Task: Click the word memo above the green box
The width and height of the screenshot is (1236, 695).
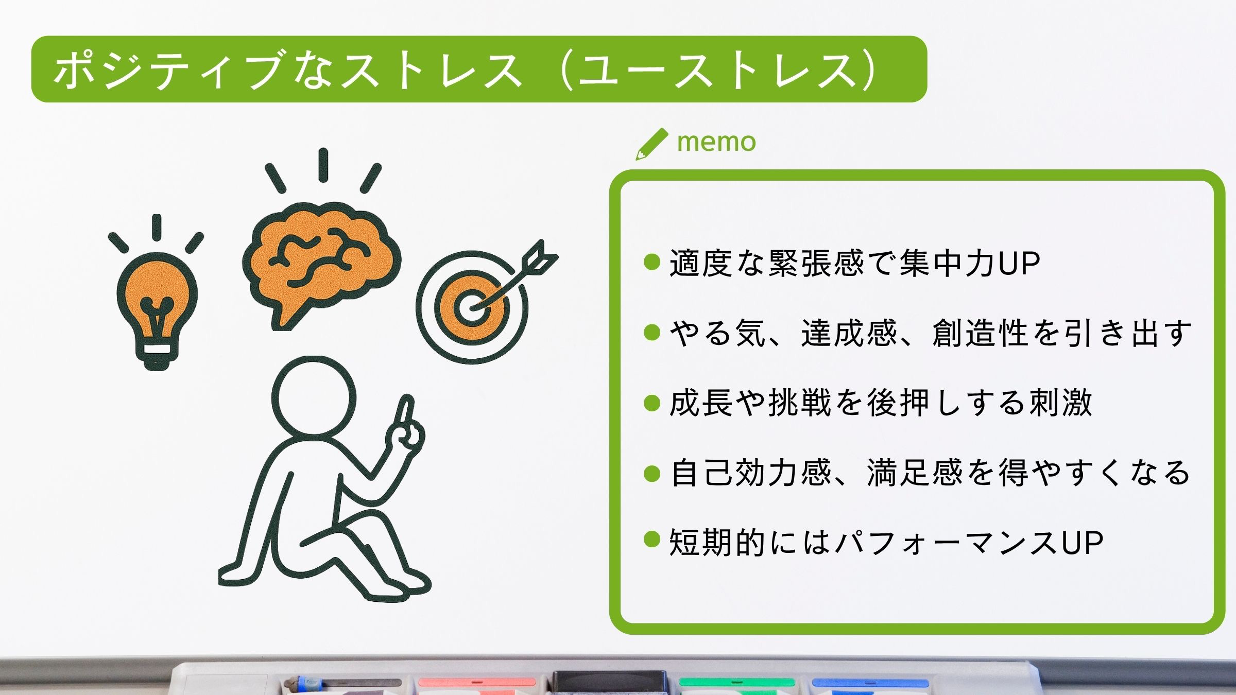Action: pos(716,142)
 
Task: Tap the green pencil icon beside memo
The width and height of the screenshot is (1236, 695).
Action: pos(651,144)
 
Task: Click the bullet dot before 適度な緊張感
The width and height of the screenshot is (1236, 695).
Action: pos(652,262)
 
